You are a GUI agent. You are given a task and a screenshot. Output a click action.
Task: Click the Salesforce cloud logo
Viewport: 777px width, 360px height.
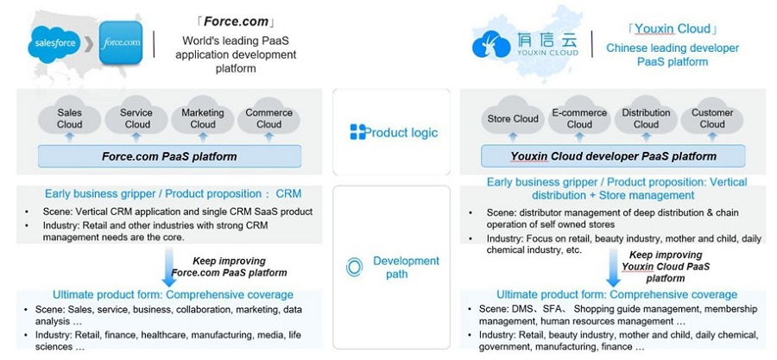coord(54,41)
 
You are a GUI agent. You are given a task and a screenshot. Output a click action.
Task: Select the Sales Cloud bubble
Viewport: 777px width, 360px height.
coord(70,118)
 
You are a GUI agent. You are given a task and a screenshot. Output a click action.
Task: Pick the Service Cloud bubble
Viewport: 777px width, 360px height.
coord(136,118)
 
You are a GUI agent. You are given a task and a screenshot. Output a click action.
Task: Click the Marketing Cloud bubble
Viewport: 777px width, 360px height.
coord(203,118)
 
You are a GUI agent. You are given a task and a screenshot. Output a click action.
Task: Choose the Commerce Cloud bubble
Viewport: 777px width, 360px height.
coord(268,118)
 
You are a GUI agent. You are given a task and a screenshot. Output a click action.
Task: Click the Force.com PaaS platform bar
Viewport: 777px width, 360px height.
coord(170,157)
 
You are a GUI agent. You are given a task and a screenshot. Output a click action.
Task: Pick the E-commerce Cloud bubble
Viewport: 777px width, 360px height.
coord(579,118)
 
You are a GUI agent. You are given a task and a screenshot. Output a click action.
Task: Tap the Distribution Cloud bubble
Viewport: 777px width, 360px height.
coord(646,118)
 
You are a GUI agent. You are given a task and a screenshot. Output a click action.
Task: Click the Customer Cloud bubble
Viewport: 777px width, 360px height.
coord(712,118)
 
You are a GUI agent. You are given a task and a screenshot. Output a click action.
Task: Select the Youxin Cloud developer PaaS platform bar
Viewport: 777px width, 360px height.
coord(613,157)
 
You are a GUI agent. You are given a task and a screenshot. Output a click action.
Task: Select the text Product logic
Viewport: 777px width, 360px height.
coord(401,133)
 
